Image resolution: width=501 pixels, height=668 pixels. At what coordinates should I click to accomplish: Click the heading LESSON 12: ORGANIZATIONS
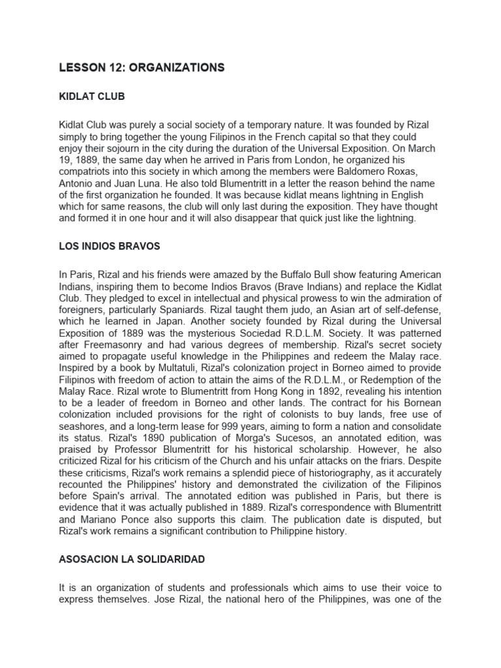(142, 67)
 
